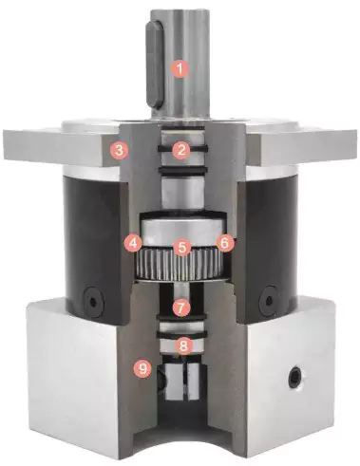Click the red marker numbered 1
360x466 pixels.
[x=179, y=68]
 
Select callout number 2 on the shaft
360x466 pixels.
[x=179, y=149]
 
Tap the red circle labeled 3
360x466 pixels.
[x=117, y=149]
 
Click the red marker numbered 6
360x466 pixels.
[x=224, y=243]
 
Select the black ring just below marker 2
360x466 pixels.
[x=179, y=168]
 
